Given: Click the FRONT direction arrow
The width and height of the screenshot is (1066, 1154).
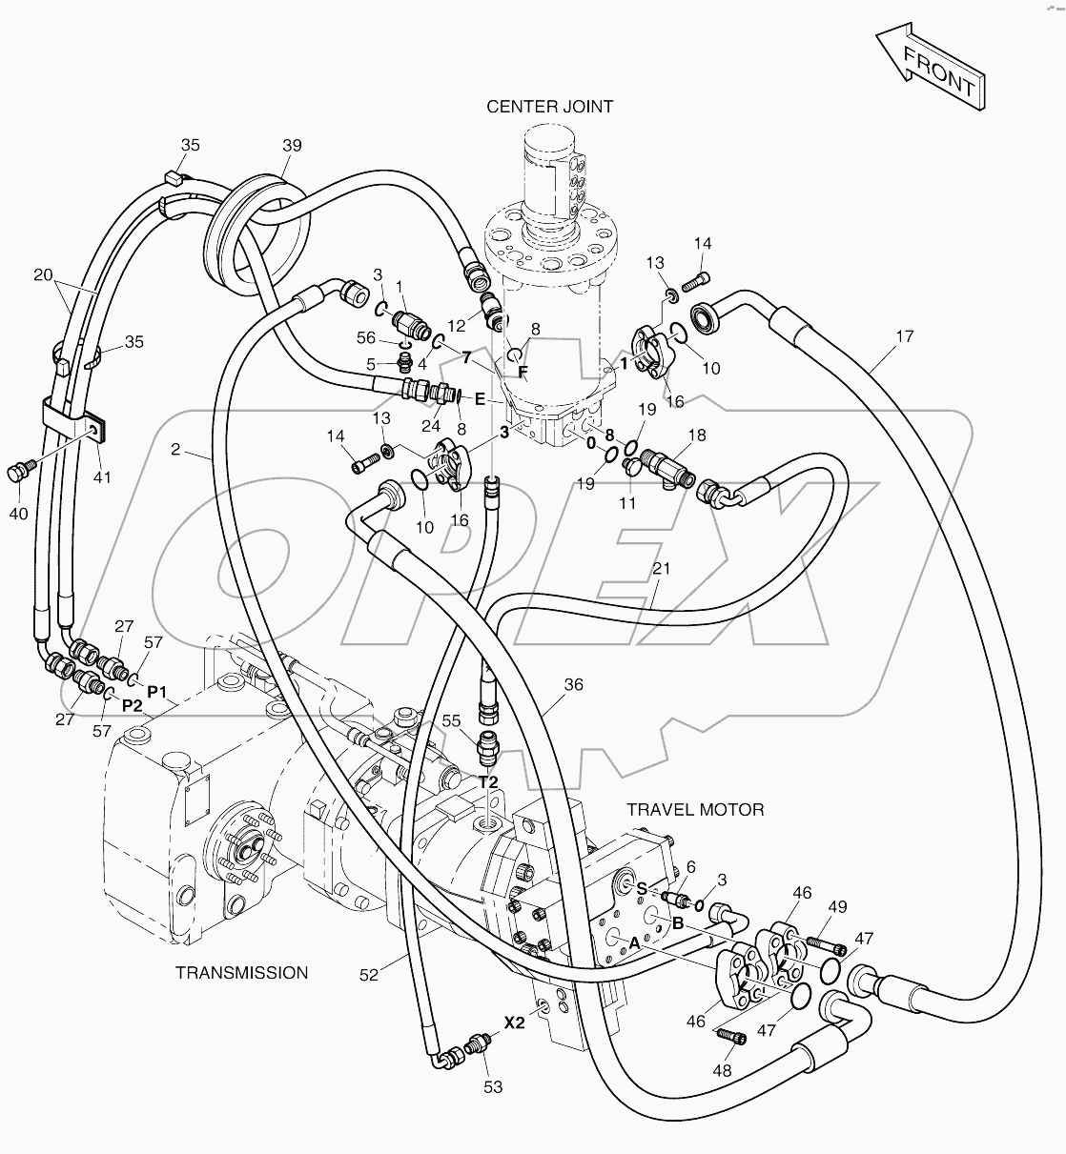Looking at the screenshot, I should click(x=930, y=64).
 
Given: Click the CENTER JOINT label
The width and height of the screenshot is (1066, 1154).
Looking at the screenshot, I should click(x=550, y=107).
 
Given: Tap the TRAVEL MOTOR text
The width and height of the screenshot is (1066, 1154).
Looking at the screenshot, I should click(x=695, y=810).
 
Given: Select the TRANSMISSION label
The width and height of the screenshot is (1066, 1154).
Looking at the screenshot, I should click(x=242, y=973).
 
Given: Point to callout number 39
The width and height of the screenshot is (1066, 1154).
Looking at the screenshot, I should click(x=292, y=145).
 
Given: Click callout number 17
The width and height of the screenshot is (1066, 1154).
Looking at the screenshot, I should click(x=904, y=336).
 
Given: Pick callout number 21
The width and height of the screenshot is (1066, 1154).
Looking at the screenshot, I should click(x=662, y=569).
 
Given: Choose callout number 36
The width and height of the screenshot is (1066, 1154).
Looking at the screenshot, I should click(x=573, y=684).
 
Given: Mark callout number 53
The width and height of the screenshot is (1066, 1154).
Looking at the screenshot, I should click(x=493, y=1086).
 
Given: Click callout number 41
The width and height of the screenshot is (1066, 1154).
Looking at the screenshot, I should click(x=102, y=476).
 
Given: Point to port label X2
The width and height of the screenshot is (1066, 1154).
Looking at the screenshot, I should click(x=515, y=1023).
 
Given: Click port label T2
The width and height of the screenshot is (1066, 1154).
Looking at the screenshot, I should click(x=488, y=781).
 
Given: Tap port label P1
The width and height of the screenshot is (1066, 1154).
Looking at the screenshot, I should click(x=157, y=689).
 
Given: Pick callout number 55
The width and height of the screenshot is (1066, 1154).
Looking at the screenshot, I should click(x=451, y=721).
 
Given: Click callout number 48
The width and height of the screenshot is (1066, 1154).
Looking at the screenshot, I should click(x=722, y=1071).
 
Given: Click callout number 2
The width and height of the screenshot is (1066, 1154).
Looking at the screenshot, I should click(x=175, y=449).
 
